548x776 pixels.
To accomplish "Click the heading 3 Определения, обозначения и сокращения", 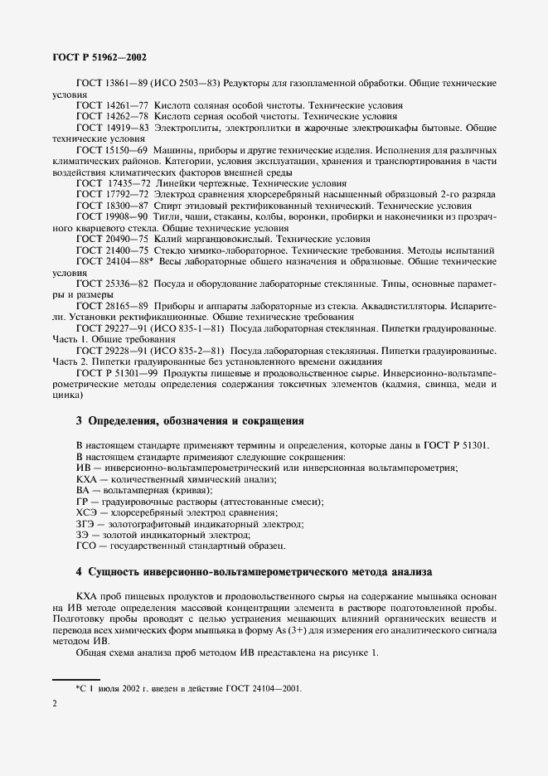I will click(190, 420).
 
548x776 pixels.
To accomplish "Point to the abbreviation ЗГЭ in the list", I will click(85, 524).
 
